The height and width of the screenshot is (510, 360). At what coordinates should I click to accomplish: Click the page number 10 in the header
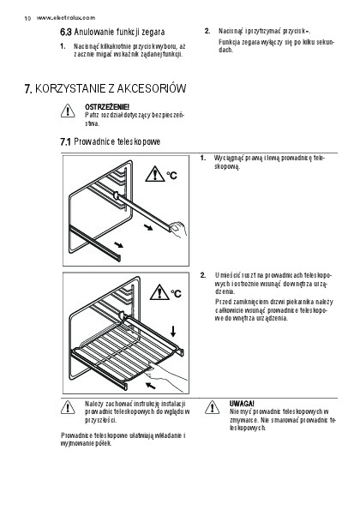coord(27,18)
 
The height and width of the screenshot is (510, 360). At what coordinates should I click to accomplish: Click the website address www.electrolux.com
coord(66,18)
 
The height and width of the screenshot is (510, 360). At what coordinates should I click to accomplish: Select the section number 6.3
coord(65,33)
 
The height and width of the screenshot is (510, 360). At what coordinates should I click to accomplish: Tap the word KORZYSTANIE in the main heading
coord(70,88)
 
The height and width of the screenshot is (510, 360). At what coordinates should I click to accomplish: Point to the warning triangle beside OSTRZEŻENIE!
coord(68,111)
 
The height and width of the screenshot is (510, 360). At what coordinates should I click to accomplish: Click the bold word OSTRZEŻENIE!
coord(107,106)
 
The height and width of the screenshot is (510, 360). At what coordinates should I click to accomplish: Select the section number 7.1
coord(65,141)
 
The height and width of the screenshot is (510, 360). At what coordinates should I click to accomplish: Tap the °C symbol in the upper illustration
coord(172,176)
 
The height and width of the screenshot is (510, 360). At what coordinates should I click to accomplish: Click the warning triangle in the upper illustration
coord(155,174)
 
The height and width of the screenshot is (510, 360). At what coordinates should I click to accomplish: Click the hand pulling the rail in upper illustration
coord(177,230)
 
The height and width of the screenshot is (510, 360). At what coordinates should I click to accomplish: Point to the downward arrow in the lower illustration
coord(173,331)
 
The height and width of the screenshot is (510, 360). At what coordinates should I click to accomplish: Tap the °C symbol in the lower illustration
coord(177,293)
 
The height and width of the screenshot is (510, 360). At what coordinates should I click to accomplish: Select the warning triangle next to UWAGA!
coord(212,407)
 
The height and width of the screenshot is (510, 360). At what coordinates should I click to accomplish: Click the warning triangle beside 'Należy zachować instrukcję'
coord(68,407)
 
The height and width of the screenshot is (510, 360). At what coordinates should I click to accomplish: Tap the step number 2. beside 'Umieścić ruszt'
coord(203,275)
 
